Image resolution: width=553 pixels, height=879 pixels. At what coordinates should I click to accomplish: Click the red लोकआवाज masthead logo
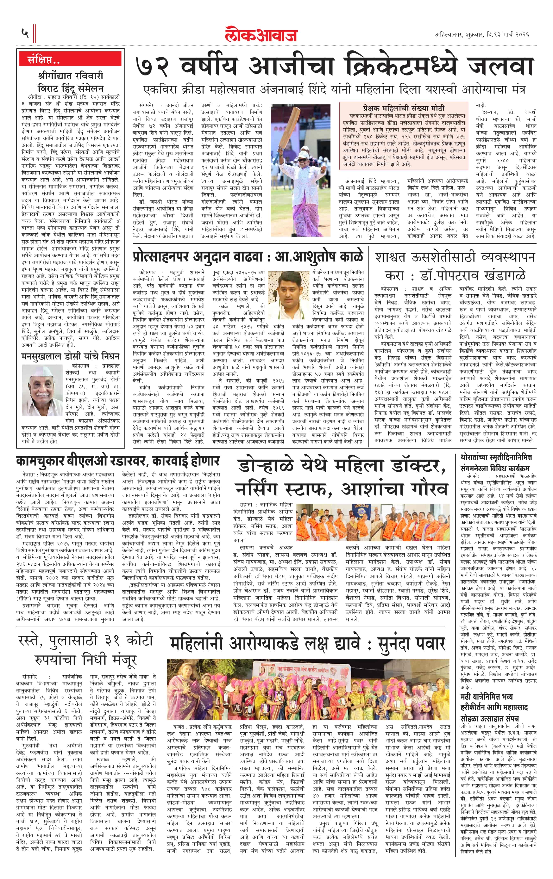(261, 34)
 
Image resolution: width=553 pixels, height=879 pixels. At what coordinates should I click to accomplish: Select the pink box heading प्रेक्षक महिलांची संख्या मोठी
(403, 108)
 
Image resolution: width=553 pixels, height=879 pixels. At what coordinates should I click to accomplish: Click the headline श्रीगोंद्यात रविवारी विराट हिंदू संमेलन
(70, 82)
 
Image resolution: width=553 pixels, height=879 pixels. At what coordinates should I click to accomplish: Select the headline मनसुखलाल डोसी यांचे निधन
(70, 356)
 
